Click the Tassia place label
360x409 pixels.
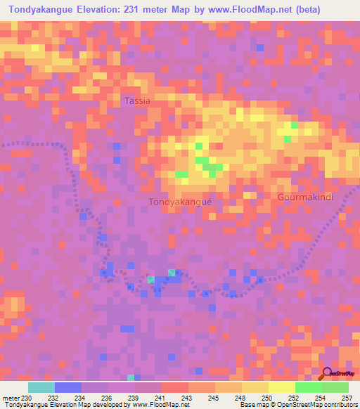click(x=137, y=101)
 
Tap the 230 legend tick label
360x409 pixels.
click(x=28, y=398)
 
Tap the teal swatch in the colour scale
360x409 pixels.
click(x=41, y=387)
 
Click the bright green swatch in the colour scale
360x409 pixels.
click(x=308, y=387)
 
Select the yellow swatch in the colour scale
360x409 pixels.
click(x=281, y=387)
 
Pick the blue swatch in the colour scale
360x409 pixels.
click(x=67, y=387)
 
